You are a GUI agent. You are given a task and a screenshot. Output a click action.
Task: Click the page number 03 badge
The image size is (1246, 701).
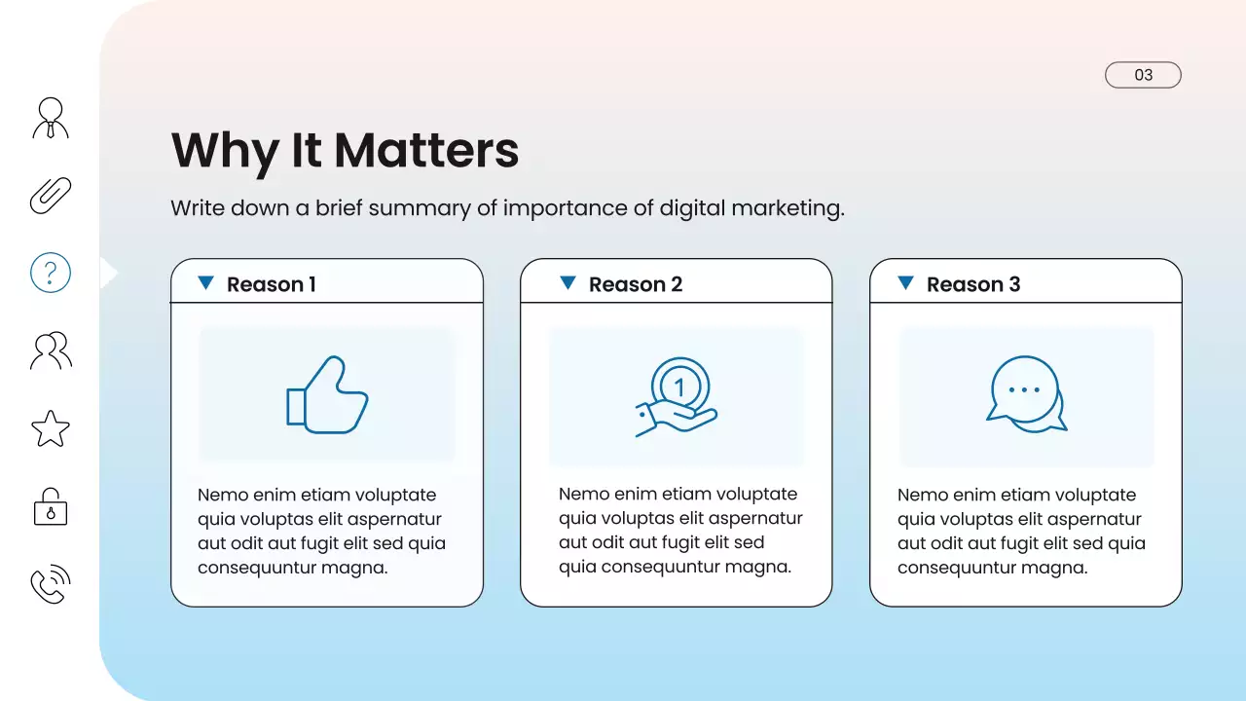coord(1143,75)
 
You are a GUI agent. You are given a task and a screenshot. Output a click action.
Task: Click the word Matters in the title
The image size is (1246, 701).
coord(426,151)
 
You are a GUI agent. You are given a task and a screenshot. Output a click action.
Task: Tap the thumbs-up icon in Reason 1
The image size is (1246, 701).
coord(327,394)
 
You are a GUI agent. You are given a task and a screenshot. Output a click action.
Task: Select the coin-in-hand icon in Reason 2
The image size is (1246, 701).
coord(677,396)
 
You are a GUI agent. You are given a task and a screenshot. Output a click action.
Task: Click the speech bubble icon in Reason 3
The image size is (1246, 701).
coord(1026,394)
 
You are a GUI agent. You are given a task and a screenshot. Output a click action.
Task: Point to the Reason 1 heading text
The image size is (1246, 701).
coord(271,284)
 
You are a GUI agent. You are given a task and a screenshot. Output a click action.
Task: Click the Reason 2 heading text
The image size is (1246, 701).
coord(635,284)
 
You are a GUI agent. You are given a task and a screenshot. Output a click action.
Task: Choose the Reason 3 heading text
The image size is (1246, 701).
coord(972,284)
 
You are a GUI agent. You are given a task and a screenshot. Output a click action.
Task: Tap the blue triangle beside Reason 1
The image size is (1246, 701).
coord(205,282)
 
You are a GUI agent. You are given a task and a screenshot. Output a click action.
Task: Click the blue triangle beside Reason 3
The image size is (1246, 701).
coord(905,282)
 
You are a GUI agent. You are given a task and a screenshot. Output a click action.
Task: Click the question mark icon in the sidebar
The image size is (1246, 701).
coord(51,273)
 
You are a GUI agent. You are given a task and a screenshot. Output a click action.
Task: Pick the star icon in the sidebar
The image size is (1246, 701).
coord(51,428)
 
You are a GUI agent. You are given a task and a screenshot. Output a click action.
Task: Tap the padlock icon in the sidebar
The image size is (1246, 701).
coord(51,507)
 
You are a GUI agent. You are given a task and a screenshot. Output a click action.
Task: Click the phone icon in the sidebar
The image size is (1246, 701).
coord(51,584)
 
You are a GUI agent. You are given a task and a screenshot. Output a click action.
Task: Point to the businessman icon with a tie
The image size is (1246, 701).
coord(51,118)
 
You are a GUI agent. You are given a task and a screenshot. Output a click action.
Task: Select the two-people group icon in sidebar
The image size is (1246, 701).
coord(51,350)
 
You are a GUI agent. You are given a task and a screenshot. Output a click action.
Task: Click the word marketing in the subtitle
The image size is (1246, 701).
coord(787,208)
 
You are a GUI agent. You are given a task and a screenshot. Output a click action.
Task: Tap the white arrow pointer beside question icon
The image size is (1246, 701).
coord(108,274)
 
